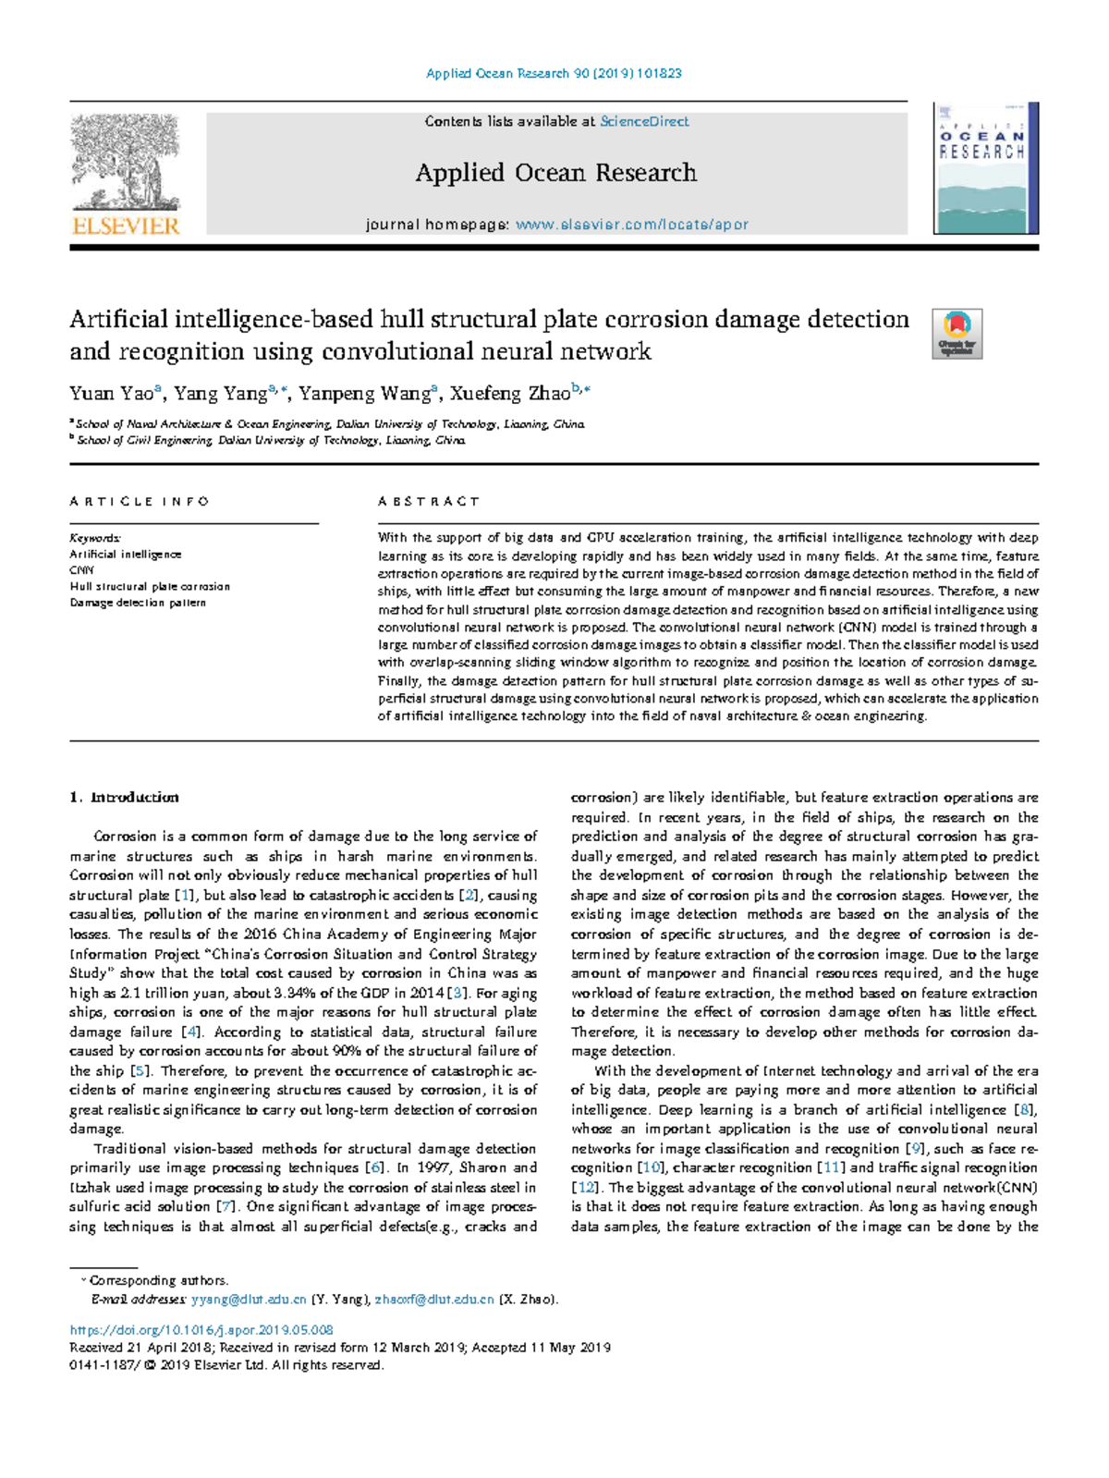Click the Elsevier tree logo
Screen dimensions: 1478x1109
pos(125,165)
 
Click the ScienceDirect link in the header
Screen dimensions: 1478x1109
pos(644,121)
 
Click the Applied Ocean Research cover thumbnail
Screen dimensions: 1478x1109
pos(981,169)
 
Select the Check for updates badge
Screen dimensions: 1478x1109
pos(957,334)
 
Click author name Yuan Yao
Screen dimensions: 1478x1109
pos(111,394)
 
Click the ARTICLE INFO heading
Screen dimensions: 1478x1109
pos(140,501)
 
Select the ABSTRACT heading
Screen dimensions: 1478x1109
pos(429,501)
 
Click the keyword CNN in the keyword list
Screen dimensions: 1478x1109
pos(81,570)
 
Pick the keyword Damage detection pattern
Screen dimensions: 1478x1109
pos(138,603)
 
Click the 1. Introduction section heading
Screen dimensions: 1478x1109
pos(125,797)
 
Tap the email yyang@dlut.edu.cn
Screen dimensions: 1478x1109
pos(249,1299)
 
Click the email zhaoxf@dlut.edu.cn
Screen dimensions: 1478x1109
pos(434,1299)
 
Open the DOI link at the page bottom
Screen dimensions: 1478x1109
pos(201,1330)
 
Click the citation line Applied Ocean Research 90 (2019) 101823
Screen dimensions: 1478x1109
pos(554,73)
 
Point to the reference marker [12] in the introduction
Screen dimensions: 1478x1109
pos(585,1188)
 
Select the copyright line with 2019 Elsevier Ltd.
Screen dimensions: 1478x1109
pos(226,1364)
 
